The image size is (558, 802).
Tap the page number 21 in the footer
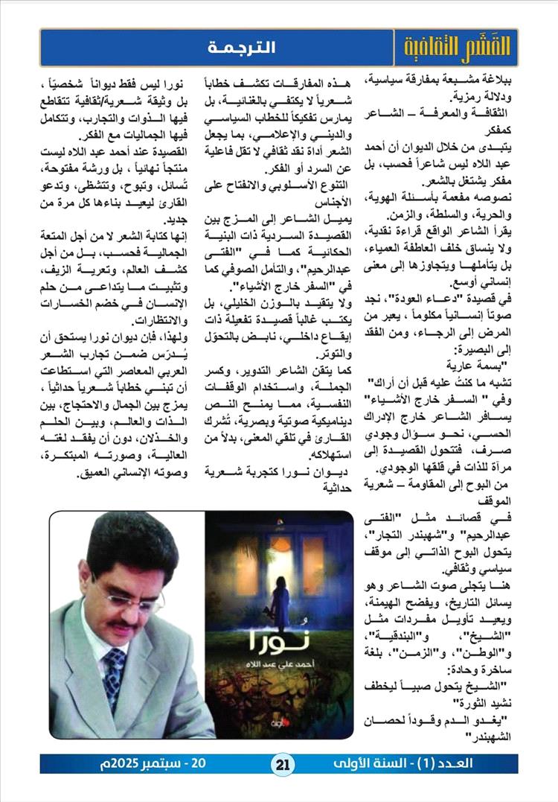pyautogui.click(x=286, y=763)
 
